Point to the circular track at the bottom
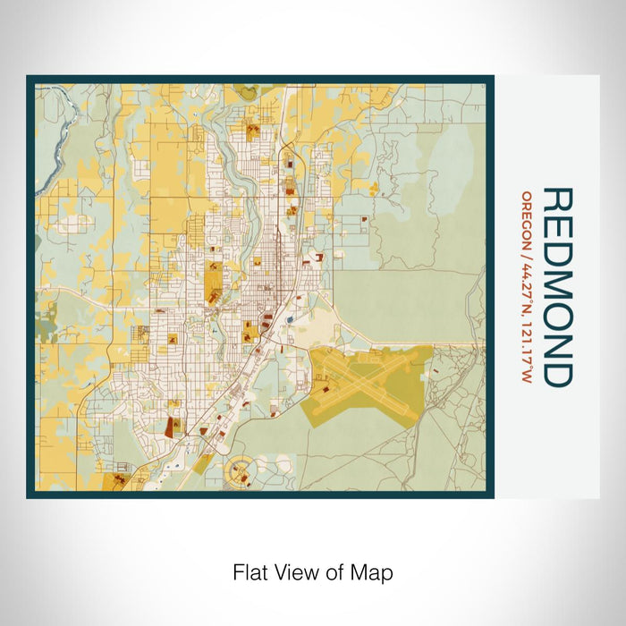click(x=241, y=468)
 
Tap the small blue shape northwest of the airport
click(x=291, y=316)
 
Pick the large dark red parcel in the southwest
click(x=169, y=425)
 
